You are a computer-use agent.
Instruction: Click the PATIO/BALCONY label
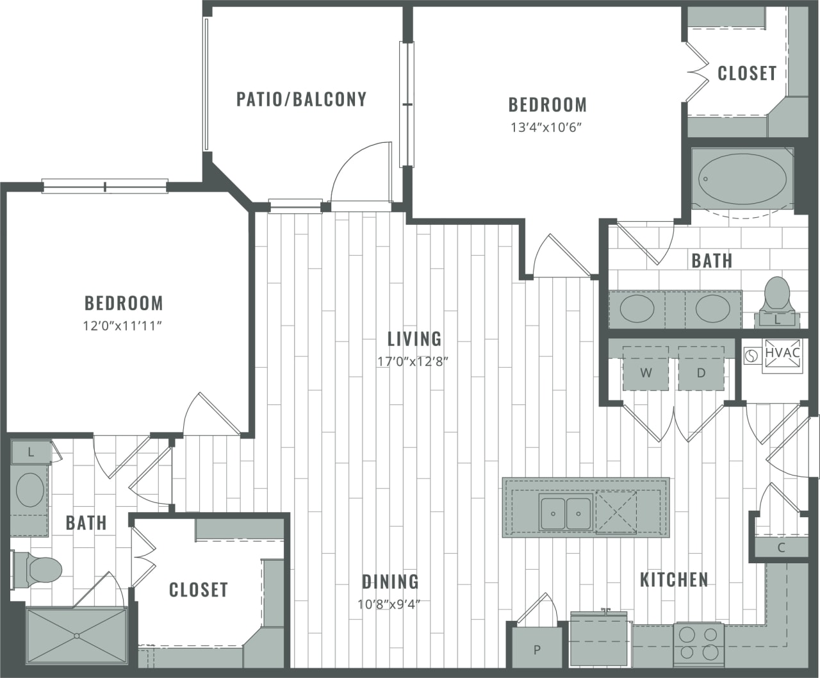(301, 99)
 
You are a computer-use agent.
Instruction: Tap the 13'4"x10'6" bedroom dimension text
(546, 127)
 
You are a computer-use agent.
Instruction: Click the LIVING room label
(414, 338)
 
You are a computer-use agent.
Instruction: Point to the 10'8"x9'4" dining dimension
(389, 603)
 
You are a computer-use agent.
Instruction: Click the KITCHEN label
(674, 579)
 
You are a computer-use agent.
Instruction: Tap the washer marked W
(646, 372)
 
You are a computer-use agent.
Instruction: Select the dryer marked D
(701, 372)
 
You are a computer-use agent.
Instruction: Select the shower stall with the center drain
(76, 636)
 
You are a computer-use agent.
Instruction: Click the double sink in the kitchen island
(565, 513)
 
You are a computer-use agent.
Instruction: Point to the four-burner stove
(698, 643)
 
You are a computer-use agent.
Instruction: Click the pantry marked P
(537, 649)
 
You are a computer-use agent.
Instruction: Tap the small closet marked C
(781, 547)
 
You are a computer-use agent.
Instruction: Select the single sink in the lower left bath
(29, 490)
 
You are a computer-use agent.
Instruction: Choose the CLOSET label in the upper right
(746, 73)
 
